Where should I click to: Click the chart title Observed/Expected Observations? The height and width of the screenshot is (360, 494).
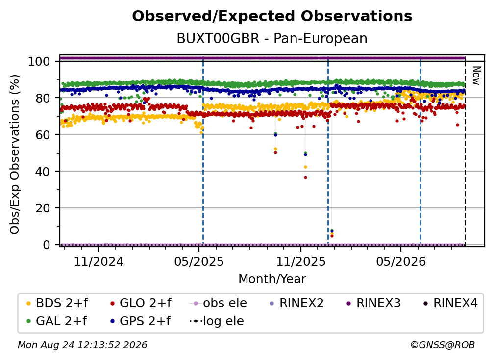pyautogui.click(x=272, y=16)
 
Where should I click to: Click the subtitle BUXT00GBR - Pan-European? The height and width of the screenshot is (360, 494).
pyautogui.click(x=272, y=38)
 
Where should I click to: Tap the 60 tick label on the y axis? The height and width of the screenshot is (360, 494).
pyautogui.click(x=43, y=134)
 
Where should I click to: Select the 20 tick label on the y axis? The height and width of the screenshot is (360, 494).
pyautogui.click(x=43, y=208)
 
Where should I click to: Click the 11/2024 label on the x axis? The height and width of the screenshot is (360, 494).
pyautogui.click(x=99, y=261)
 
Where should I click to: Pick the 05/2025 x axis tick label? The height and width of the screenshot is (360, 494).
pyautogui.click(x=199, y=261)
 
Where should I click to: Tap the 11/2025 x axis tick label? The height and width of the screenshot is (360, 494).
pyautogui.click(x=301, y=261)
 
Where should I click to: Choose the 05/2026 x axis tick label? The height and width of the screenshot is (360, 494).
pyautogui.click(x=401, y=261)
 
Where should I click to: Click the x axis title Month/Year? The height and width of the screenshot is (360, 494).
pyautogui.click(x=272, y=279)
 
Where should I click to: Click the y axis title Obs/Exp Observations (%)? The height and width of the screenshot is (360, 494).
pyautogui.click(x=15, y=154)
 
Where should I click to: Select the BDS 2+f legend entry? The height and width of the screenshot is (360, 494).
pyautogui.click(x=57, y=303)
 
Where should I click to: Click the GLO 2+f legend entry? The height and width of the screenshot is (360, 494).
pyautogui.click(x=141, y=303)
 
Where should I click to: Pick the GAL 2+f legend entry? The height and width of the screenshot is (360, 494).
pyautogui.click(x=56, y=321)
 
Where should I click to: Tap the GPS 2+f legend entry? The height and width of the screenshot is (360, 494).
pyautogui.click(x=140, y=321)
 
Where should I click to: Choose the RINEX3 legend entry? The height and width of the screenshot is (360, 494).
pyautogui.click(x=373, y=303)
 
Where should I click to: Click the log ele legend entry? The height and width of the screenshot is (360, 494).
pyautogui.click(x=217, y=321)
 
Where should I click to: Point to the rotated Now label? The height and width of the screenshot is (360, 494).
pyautogui.click(x=476, y=76)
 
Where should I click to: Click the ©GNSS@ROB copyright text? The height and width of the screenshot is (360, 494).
pyautogui.click(x=443, y=345)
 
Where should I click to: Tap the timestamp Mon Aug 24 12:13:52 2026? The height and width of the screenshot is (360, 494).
pyautogui.click(x=82, y=345)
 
